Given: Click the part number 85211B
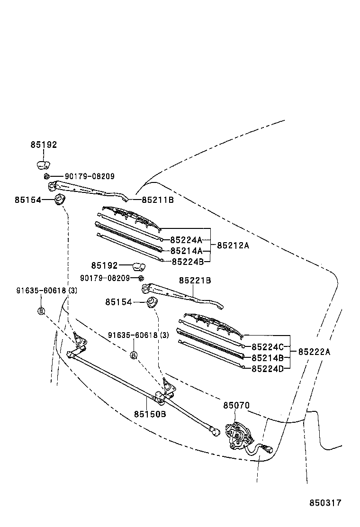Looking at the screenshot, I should tap(158, 200).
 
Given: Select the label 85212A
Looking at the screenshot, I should tap(233, 245).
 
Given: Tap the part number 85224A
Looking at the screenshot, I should tap(186, 240).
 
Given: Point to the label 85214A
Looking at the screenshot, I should tap(186, 251).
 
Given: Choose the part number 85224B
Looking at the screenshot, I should tap(188, 261).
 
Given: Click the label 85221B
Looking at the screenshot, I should tap(195, 281).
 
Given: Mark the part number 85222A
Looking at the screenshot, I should tap(314, 352).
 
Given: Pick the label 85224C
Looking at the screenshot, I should tap(267, 347).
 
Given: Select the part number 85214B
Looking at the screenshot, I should tap(267, 358).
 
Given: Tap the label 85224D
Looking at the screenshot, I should tap(267, 368).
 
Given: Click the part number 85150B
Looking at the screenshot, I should tap(150, 414).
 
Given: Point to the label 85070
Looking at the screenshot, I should tap(236, 406).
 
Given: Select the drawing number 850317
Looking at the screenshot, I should tap(325, 503).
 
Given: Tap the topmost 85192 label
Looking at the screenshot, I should tap(44, 145).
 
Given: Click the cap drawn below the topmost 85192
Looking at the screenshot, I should tap(43, 165).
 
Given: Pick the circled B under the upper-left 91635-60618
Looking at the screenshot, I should tap(41, 311).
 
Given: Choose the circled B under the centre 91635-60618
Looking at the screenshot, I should tap(134, 355).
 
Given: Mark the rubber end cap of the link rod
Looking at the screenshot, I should tap(216, 432).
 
